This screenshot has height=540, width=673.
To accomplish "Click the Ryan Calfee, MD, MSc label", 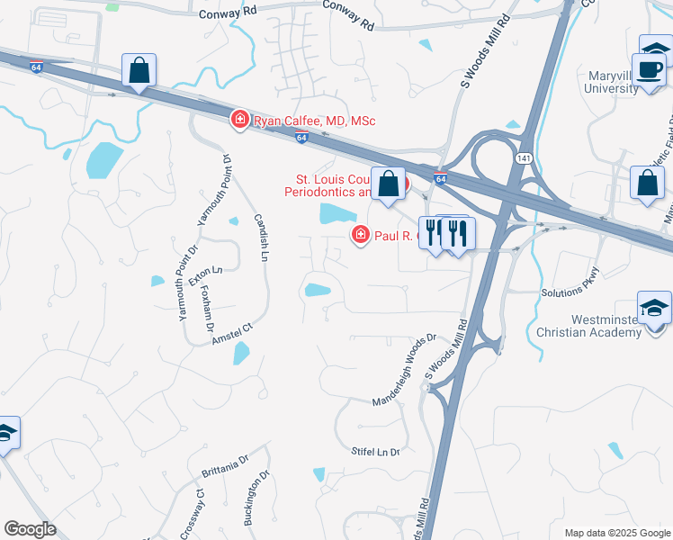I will point(313,121).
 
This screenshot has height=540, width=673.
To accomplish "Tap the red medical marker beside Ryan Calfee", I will point(240,120).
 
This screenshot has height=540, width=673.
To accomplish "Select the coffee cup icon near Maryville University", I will point(651,69).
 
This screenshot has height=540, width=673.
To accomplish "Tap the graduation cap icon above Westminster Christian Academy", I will point(654,308).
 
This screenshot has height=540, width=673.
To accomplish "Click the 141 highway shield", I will point(524,157).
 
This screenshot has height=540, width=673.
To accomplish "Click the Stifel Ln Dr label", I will point(375,451).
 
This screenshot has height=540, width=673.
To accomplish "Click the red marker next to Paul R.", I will point(360,236).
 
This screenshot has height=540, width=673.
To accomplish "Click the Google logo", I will point(29,529).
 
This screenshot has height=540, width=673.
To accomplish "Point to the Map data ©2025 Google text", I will point(616,533).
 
